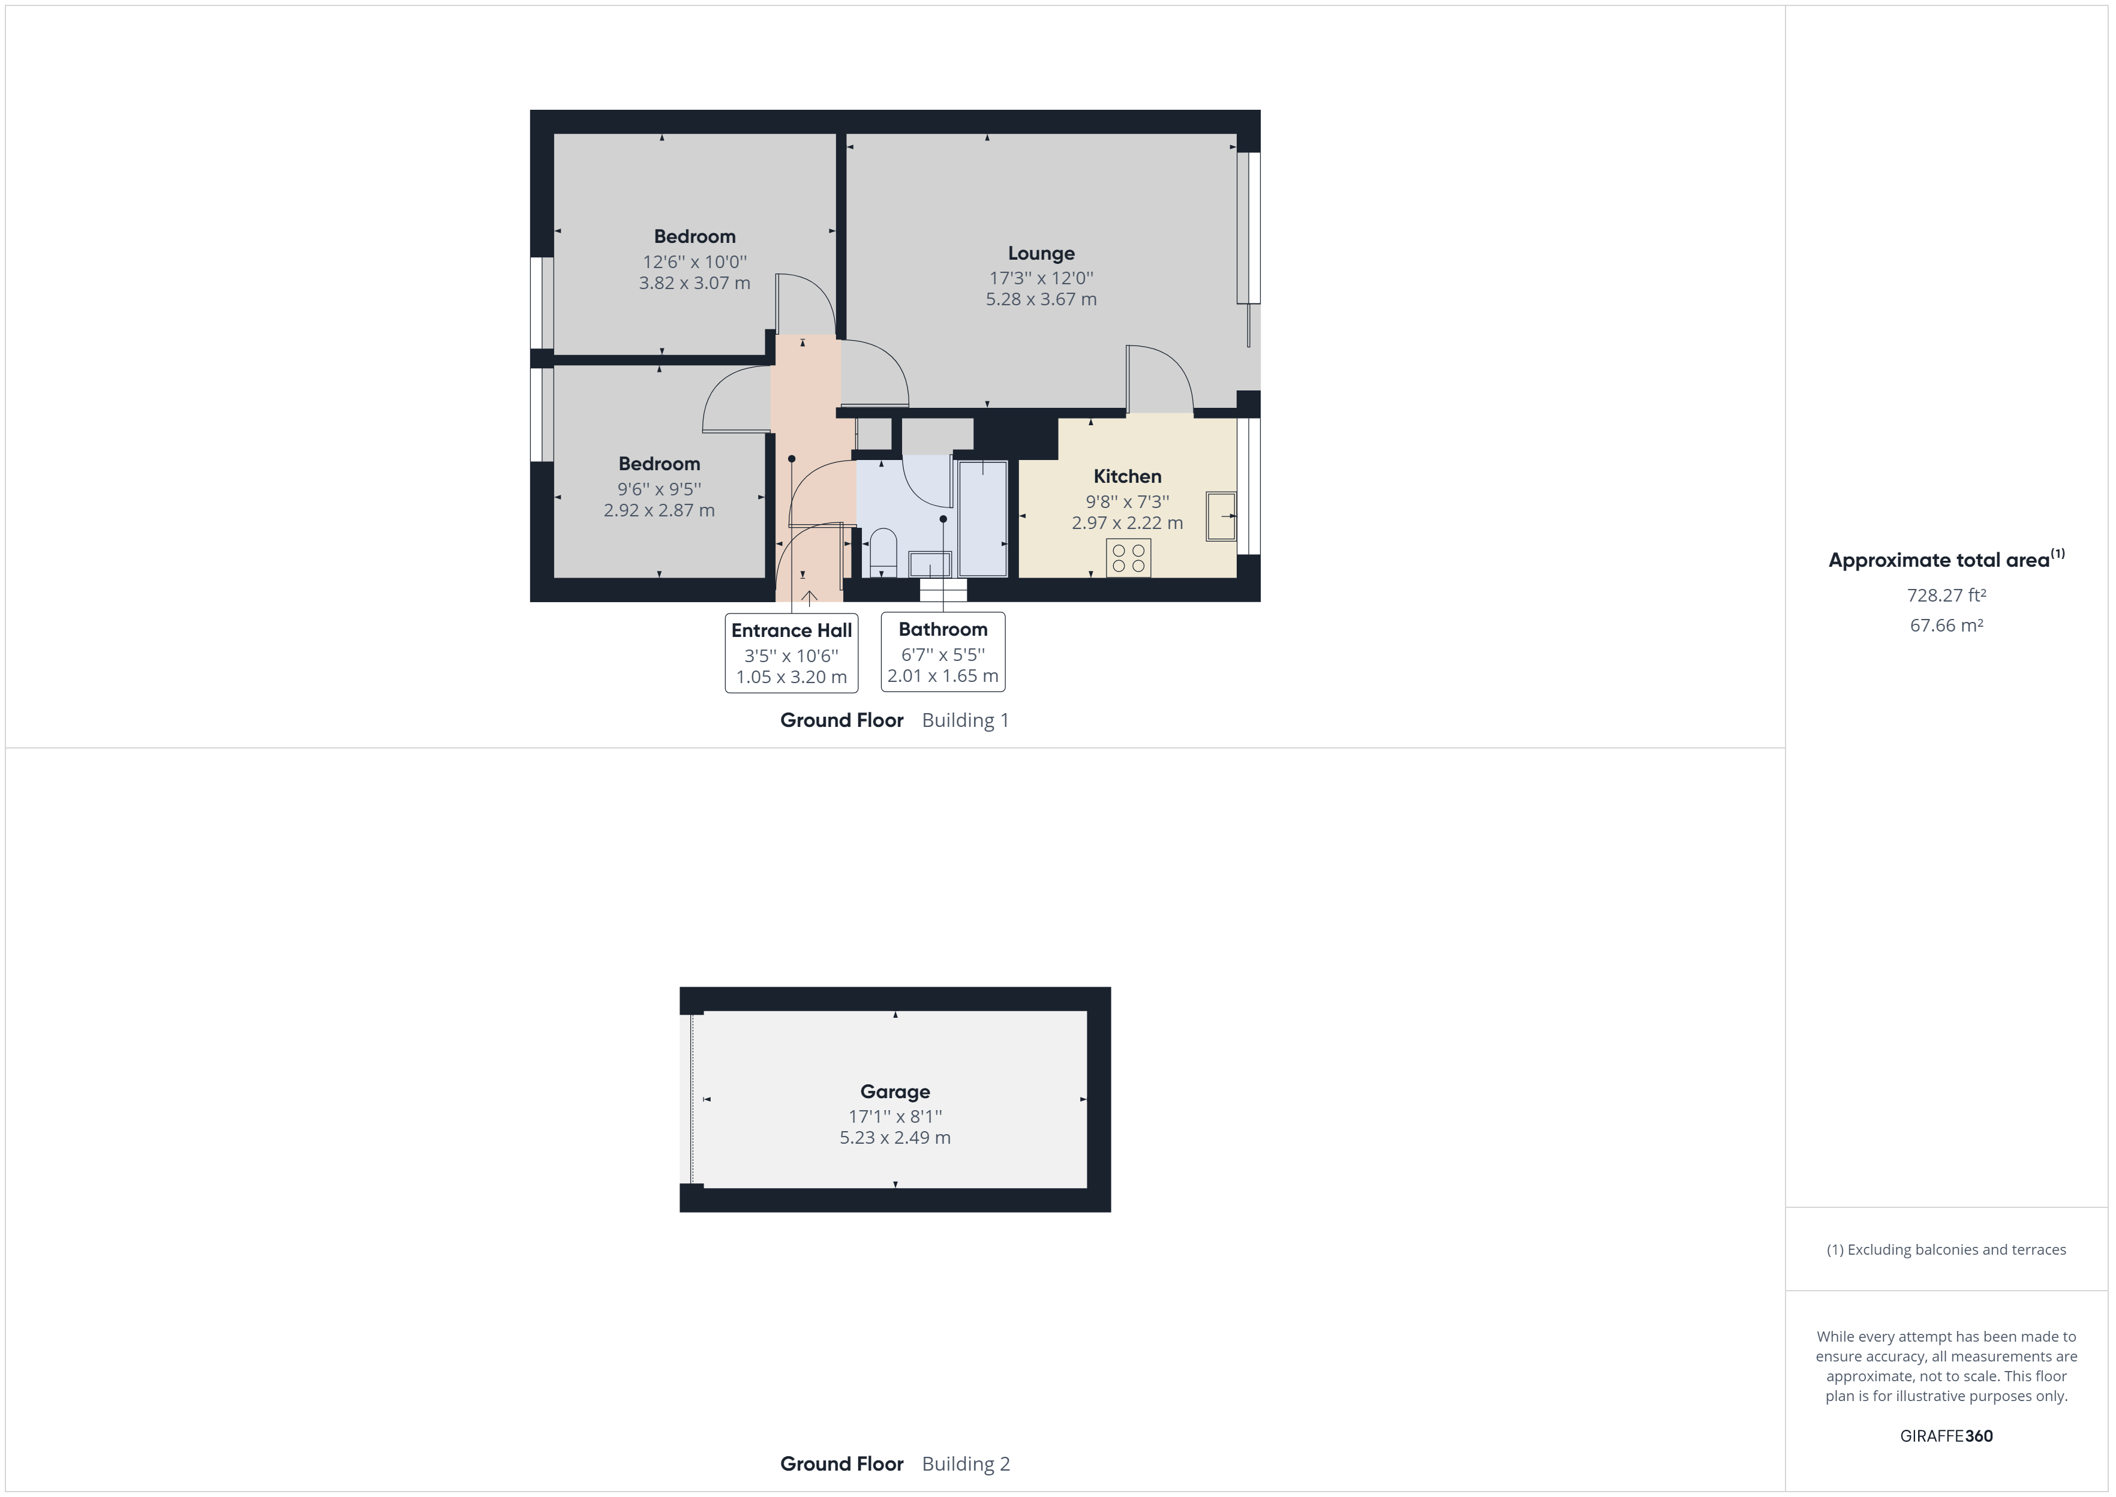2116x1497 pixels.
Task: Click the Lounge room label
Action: coord(1041,254)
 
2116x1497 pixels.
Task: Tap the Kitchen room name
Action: coord(1127,477)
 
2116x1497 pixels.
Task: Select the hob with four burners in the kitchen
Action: coord(1128,558)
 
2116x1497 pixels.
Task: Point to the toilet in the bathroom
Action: coord(883,548)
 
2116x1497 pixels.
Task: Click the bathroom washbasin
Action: coord(930,563)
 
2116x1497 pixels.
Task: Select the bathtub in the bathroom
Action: coord(982,518)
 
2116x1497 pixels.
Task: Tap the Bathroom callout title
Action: coord(943,630)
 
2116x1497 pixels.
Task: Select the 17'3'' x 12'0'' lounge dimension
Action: coord(1041,278)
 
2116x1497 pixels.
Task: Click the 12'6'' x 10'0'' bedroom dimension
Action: coord(694,261)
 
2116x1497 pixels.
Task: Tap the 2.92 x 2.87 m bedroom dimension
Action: coord(659,510)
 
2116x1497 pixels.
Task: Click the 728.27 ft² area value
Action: coord(1946,596)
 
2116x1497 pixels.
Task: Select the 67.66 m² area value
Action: coord(1946,625)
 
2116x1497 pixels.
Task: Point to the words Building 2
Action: coord(966,1464)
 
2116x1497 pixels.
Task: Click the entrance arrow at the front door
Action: coord(809,597)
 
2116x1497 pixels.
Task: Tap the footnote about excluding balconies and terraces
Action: coord(1946,1250)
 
